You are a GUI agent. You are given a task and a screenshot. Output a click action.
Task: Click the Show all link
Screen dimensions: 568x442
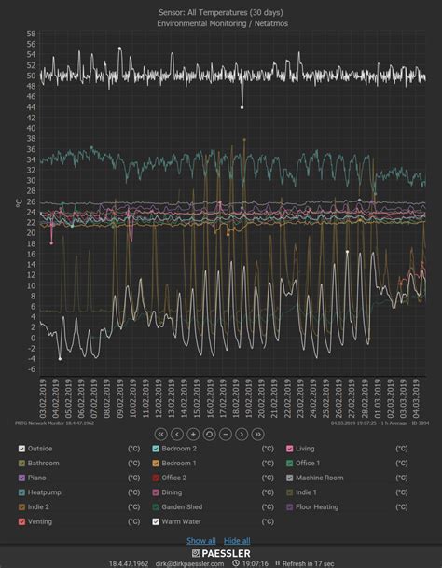coord(201,541)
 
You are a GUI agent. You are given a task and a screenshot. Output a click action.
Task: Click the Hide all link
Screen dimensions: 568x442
coord(237,541)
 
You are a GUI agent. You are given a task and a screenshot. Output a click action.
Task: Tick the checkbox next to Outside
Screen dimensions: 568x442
coord(21,449)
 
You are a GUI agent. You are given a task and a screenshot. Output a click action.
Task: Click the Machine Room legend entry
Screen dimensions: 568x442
coord(320,478)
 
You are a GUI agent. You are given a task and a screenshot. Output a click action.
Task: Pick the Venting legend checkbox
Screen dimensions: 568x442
coord(21,521)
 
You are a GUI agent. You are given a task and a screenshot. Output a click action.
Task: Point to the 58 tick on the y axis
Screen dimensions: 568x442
coord(31,34)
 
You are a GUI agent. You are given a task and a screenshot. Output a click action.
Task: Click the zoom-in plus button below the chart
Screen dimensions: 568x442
coord(193,434)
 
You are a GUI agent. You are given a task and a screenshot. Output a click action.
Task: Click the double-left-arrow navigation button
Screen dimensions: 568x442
coord(161,434)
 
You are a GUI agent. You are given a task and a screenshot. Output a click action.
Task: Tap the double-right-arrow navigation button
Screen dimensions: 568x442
coord(257,434)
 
